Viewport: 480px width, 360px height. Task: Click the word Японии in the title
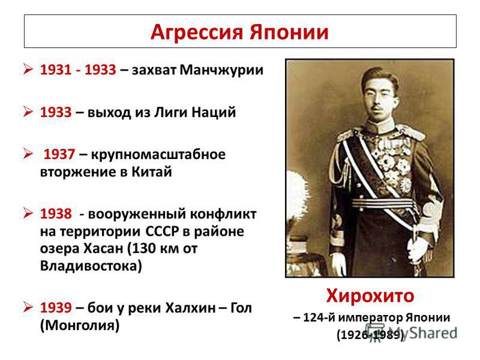[x=289, y=32]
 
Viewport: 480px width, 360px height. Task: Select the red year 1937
[x=59, y=154]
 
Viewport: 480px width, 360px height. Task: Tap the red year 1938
[x=56, y=214]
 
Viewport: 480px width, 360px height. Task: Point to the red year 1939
[x=56, y=307]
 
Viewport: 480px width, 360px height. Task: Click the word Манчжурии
[x=221, y=70]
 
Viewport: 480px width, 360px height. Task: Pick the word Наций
[x=214, y=112]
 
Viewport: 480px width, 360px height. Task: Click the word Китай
[x=152, y=172]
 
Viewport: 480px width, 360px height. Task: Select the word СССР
[x=162, y=231]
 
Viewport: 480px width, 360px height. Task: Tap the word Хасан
[x=103, y=248]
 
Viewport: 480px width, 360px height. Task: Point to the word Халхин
[x=190, y=307]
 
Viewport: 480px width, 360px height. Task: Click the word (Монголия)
[x=80, y=325]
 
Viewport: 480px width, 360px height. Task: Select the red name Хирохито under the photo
[x=370, y=296]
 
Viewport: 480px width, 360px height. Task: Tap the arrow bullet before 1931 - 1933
[x=28, y=69]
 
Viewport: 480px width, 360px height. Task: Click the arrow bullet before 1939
[x=28, y=307]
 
